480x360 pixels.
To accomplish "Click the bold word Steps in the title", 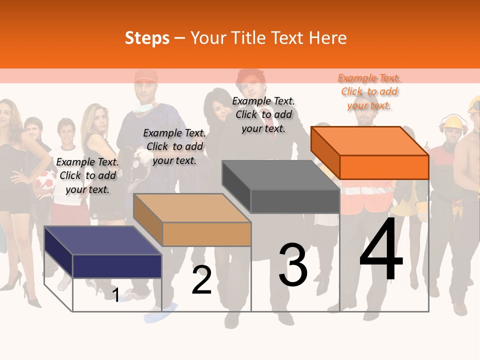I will point(147,38).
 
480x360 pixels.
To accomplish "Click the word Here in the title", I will point(327,38).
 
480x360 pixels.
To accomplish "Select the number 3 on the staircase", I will point(293,265).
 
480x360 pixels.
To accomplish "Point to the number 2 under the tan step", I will point(201,280).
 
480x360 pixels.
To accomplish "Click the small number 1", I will point(115,295).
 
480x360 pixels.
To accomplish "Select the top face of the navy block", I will point(103,240).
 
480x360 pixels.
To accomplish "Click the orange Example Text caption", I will point(369,91).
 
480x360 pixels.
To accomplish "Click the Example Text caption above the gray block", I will point(263,114).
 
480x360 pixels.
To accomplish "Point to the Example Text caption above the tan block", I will point(174,146).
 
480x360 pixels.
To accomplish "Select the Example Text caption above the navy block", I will point(87,175).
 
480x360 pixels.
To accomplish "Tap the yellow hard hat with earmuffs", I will point(454,123).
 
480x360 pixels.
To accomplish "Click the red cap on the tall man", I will point(145,76).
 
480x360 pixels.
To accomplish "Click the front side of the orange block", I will point(384,167).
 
